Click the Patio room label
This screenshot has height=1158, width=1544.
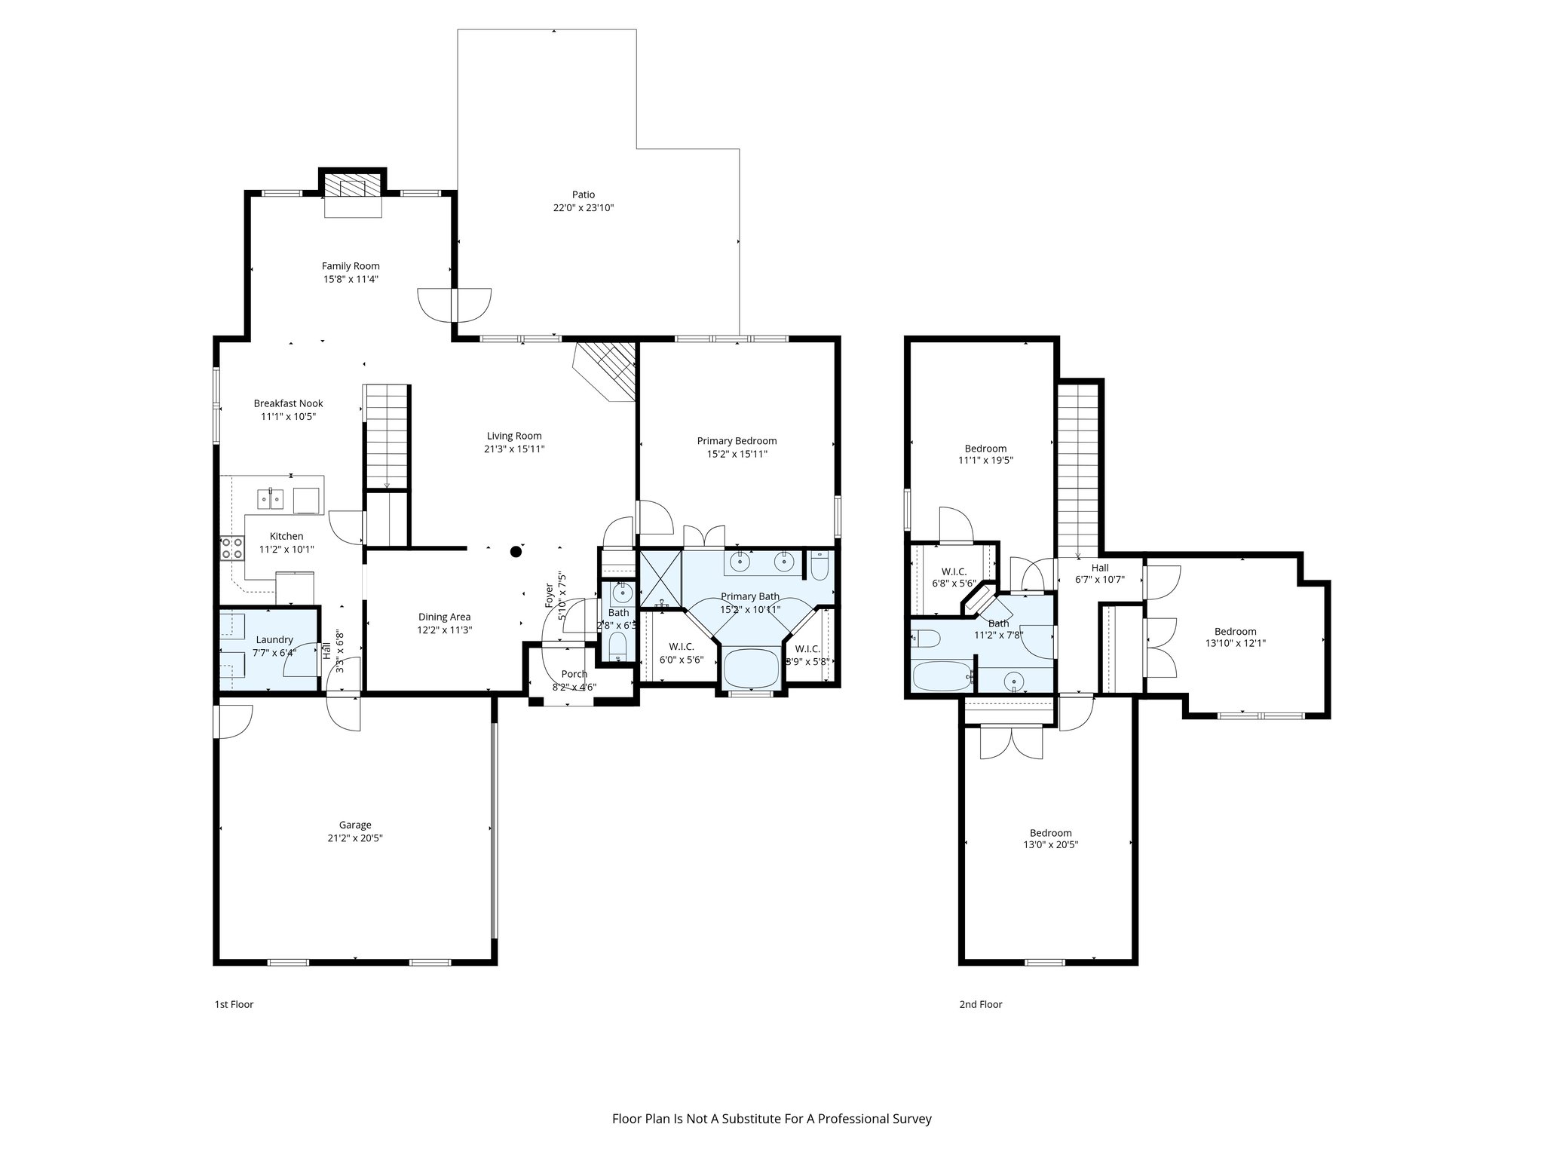(583, 195)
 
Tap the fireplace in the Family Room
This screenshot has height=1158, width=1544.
(353, 188)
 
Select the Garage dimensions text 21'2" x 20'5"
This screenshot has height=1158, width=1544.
(354, 838)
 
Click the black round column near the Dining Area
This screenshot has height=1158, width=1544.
(516, 551)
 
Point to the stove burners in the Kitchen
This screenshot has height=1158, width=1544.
(232, 547)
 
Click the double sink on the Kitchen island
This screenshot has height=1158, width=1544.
(270, 498)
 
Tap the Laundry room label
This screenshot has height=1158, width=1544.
(274, 639)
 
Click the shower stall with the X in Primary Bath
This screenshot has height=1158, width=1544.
(660, 579)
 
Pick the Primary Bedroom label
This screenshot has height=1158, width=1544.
(737, 441)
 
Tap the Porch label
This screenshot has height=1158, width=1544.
(574, 674)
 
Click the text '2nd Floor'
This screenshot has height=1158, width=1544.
(980, 1004)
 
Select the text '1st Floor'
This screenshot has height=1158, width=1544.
(234, 1004)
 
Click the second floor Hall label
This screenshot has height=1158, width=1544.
(1100, 568)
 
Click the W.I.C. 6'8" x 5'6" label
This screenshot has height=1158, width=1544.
(954, 571)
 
